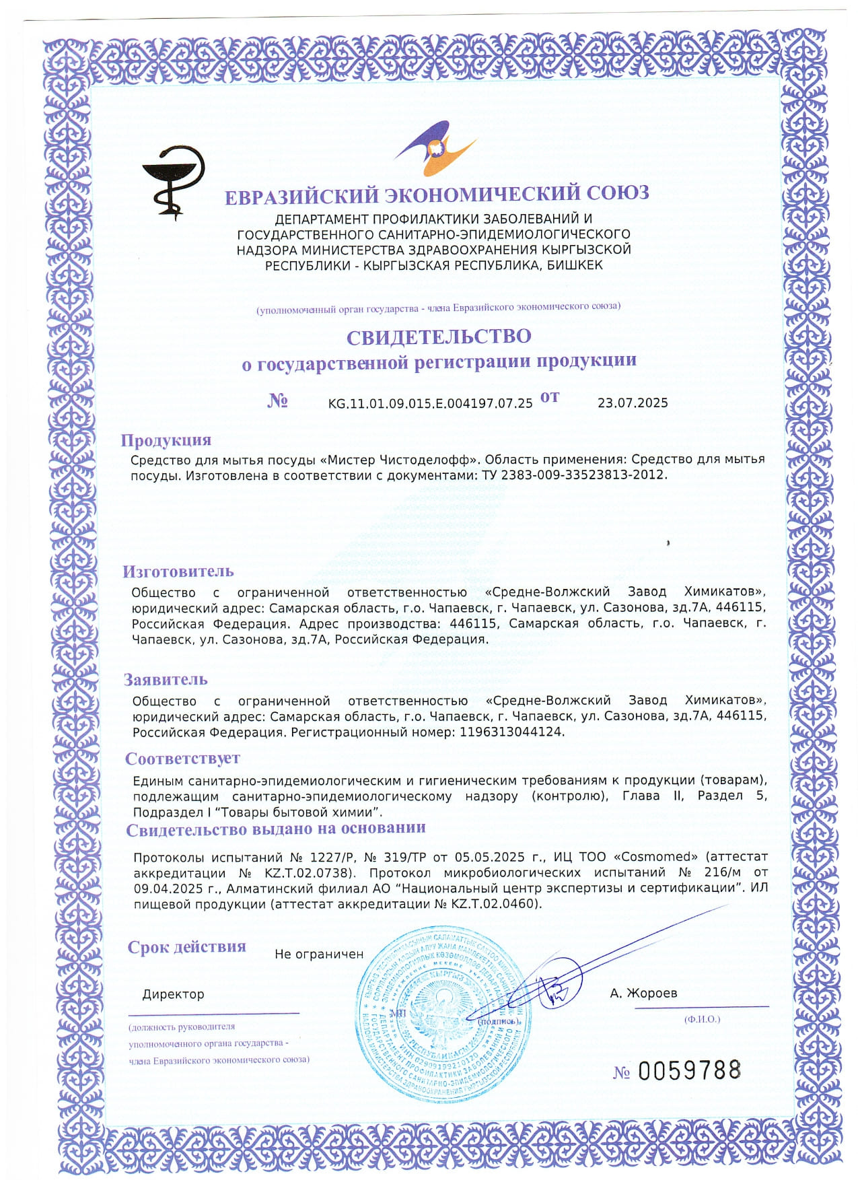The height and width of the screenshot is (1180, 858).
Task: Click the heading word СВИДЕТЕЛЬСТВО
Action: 439,336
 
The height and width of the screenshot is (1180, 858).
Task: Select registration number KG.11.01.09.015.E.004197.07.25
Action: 430,403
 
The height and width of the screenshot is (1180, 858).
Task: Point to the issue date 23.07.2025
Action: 633,403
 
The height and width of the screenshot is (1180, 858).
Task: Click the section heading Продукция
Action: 166,440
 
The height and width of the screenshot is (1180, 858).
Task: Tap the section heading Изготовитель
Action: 178,571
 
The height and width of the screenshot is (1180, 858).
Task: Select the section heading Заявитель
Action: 166,680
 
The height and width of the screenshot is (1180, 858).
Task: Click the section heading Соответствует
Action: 182,759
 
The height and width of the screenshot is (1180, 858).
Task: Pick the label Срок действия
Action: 186,947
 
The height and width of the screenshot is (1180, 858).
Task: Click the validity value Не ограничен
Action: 319,955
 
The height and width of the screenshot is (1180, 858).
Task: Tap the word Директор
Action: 173,994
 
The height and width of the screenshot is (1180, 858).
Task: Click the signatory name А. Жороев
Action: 643,994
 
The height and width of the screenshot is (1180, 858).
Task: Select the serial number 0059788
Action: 688,1070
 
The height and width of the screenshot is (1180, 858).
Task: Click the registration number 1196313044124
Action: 511,732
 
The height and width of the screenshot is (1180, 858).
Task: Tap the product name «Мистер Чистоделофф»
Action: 399,460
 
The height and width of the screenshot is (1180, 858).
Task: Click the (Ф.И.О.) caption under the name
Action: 702,1019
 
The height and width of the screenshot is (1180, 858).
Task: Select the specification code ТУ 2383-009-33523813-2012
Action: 573,475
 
